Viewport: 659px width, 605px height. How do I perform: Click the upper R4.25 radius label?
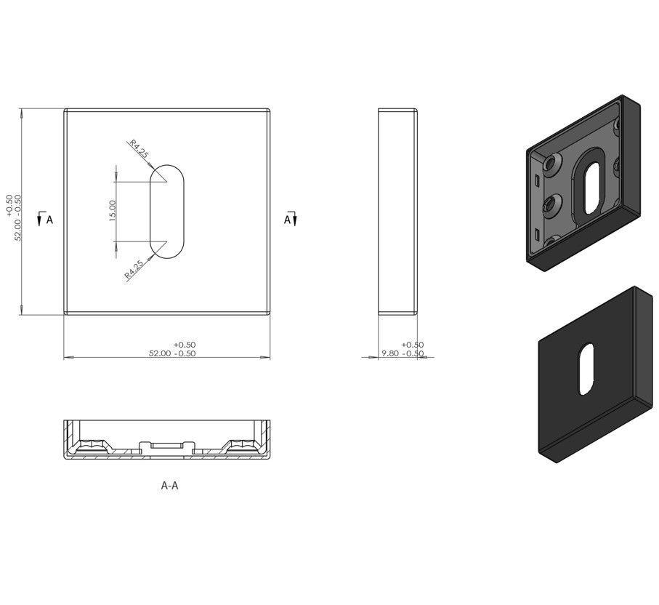pos(138,149)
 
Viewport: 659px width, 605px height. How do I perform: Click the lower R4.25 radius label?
pos(134,270)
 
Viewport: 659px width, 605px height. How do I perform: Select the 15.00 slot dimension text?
pos(113,212)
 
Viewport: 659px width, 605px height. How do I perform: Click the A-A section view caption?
pos(169,485)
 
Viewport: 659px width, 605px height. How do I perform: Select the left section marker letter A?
pos(49,220)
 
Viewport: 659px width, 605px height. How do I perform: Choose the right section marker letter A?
pos(287,220)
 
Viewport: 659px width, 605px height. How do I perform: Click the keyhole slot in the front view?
pos(167,212)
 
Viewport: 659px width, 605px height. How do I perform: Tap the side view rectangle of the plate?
pos(397,212)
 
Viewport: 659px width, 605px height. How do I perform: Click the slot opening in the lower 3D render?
pos(586,369)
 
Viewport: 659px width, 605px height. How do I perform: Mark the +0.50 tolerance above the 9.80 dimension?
pos(412,345)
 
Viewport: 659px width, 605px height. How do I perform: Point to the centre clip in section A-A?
pos(167,444)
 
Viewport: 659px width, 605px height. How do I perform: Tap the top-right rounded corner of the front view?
pos(268,112)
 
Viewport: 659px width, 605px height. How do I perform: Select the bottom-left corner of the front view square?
pos(66,313)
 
